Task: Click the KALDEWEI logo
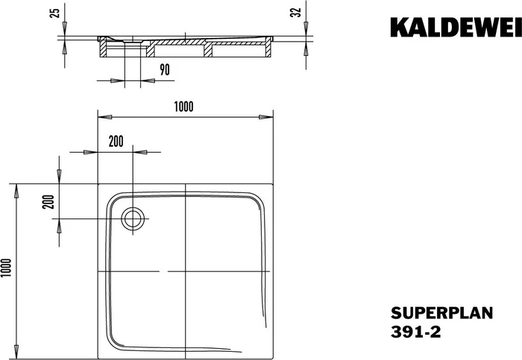456,28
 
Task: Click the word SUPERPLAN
441,314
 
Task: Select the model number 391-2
416,332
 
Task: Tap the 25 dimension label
55,13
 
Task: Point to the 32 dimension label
296,13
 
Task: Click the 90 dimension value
165,70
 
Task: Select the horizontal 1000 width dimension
183,107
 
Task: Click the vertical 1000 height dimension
7,268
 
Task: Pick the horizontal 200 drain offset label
116,142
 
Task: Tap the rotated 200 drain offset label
48,202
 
